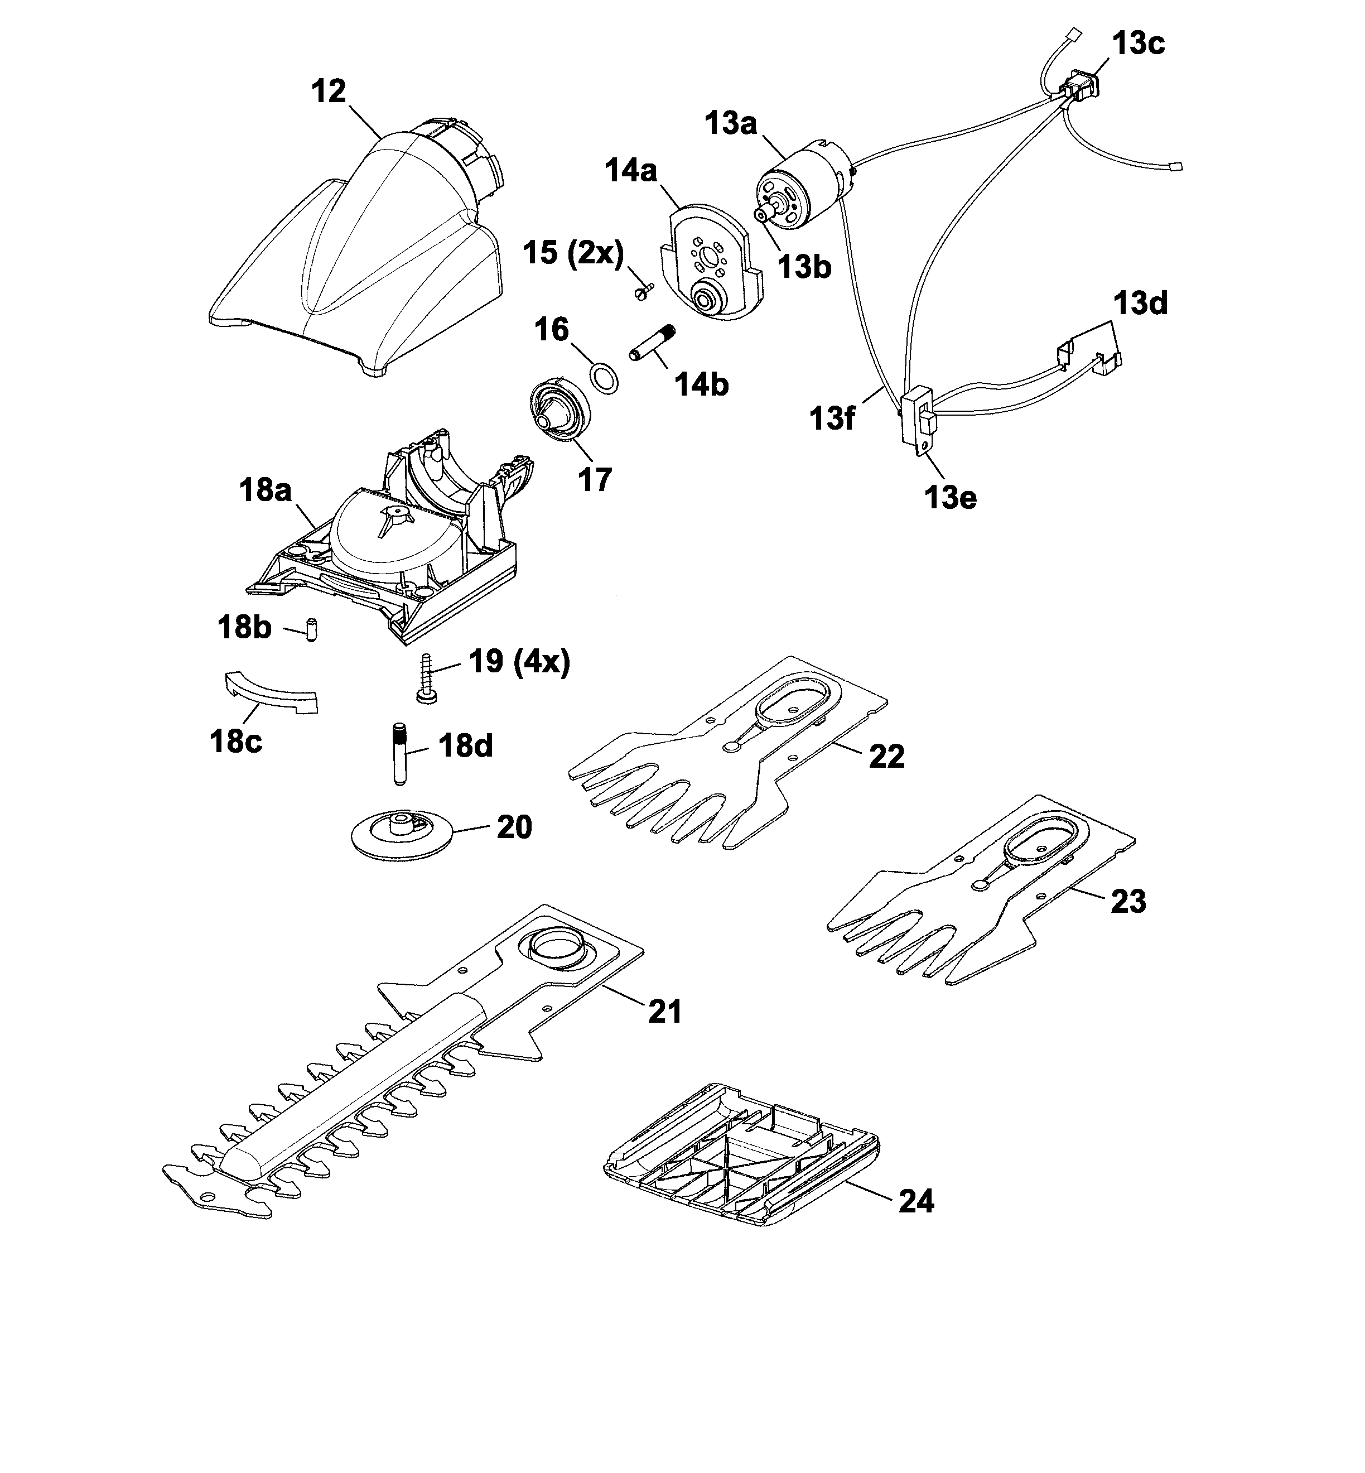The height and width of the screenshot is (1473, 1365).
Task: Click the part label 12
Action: coord(329,92)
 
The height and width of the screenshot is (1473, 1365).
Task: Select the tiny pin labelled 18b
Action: coord(311,630)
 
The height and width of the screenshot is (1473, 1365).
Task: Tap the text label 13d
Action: coord(1140,304)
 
